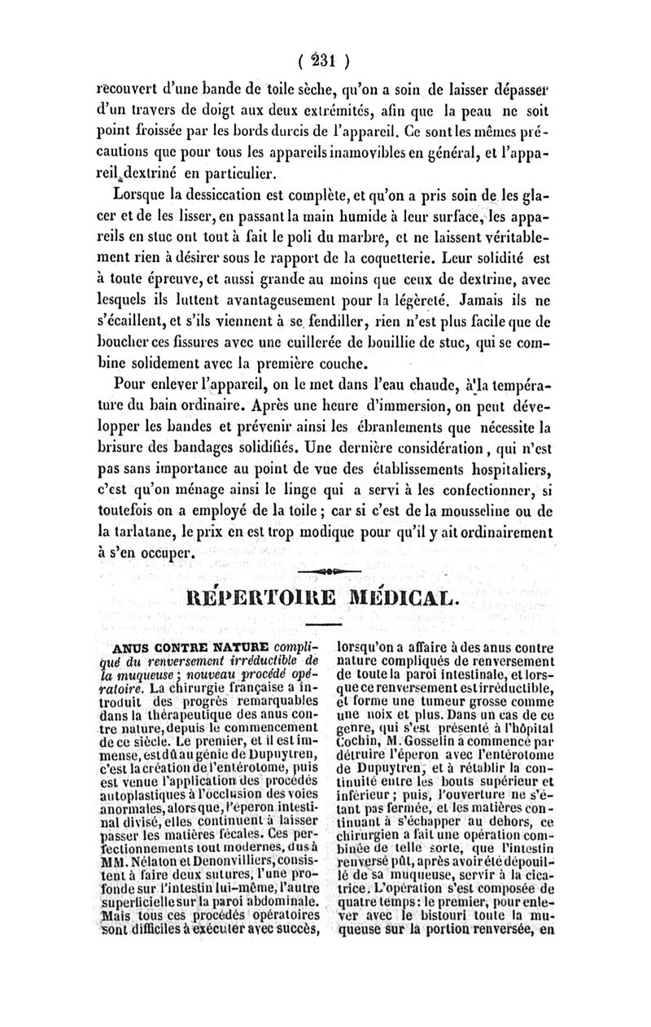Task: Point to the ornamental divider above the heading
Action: pyautogui.click(x=325, y=570)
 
